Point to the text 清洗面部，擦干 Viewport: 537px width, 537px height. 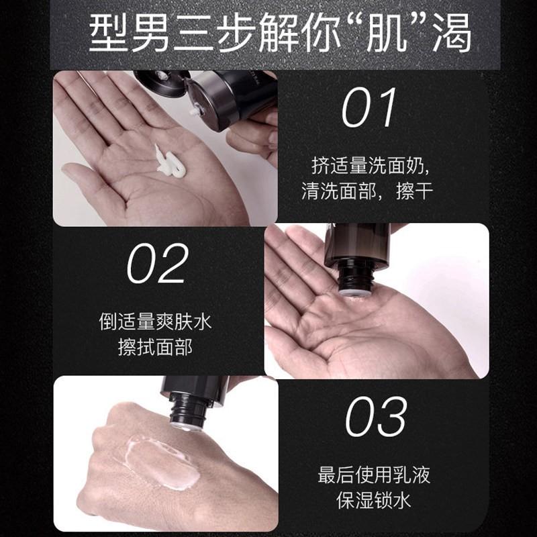(367, 191)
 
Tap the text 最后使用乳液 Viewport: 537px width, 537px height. (374, 476)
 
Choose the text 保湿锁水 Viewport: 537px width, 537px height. (374, 501)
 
